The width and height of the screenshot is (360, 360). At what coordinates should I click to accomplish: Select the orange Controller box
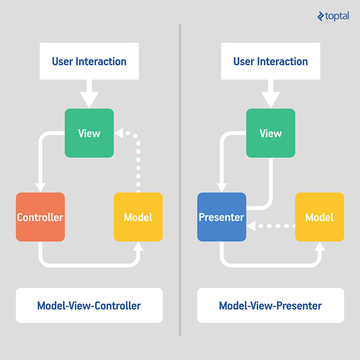pyautogui.click(x=40, y=217)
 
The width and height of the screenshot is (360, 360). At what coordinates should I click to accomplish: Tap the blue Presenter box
pyautogui.click(x=222, y=217)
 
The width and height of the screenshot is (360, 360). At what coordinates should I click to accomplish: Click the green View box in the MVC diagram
pyautogui.click(x=89, y=133)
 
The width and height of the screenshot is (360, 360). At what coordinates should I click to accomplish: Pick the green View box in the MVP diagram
pyautogui.click(x=271, y=133)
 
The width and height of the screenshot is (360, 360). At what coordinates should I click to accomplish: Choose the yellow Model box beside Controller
pyautogui.click(x=138, y=217)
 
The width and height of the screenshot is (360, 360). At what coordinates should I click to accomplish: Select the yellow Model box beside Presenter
pyautogui.click(x=319, y=217)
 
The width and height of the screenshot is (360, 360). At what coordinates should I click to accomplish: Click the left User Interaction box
pyautogui.click(x=89, y=61)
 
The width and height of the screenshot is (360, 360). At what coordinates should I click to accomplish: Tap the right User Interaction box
pyautogui.click(x=271, y=61)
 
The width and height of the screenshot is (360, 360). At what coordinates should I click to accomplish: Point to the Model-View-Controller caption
pyautogui.click(x=89, y=306)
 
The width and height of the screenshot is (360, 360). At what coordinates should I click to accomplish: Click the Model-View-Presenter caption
pyautogui.click(x=271, y=306)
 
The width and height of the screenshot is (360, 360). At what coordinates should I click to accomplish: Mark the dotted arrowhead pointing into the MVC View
pyautogui.click(x=119, y=134)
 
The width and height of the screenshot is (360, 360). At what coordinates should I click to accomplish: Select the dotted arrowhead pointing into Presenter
pyautogui.click(x=251, y=226)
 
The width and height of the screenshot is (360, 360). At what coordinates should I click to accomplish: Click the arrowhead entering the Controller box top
pyautogui.click(x=40, y=187)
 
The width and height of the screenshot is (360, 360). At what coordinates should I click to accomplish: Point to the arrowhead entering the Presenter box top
pyautogui.click(x=222, y=187)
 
